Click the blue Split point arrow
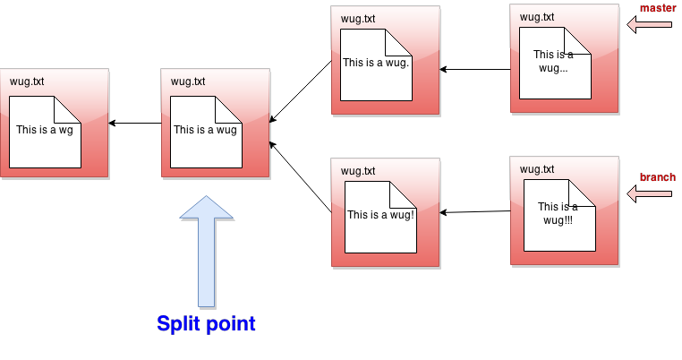click(207, 251)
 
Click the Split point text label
click(206, 324)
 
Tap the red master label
click(658, 8)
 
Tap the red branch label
click(657, 177)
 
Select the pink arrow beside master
click(649, 25)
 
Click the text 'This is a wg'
click(44, 130)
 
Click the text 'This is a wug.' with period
click(376, 64)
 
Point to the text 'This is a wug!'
click(380, 215)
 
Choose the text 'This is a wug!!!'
click(558, 213)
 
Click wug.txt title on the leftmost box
click(27, 81)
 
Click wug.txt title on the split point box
click(188, 81)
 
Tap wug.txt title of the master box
click(537, 16)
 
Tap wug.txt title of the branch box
click(537, 168)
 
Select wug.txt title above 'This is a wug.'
click(358, 19)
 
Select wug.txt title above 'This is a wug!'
click(358, 171)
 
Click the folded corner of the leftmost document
click(69, 108)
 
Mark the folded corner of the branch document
click(584, 192)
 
